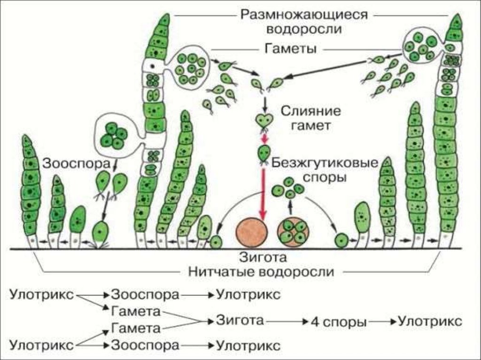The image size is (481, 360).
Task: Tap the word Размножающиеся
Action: point(303,14)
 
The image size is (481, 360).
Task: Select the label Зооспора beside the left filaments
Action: point(78,163)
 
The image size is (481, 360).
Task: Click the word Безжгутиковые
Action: point(325,163)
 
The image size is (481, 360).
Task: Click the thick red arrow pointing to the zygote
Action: point(264,192)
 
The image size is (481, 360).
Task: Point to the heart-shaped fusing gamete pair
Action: point(264,120)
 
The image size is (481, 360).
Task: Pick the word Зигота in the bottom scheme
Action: point(240,321)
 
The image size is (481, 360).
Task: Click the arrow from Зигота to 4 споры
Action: point(287,322)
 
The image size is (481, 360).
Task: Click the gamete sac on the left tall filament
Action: point(190,69)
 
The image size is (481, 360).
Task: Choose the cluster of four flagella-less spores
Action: point(287,188)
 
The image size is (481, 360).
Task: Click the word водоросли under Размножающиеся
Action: point(303,29)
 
